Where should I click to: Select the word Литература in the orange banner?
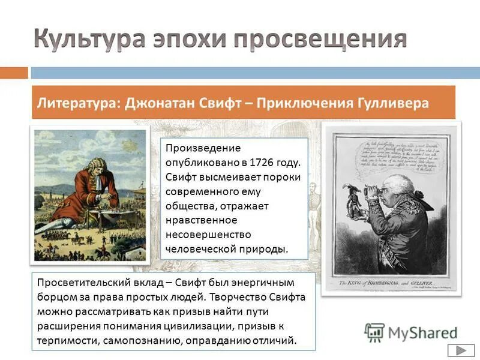[76, 103]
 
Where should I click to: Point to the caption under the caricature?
[390, 282]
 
